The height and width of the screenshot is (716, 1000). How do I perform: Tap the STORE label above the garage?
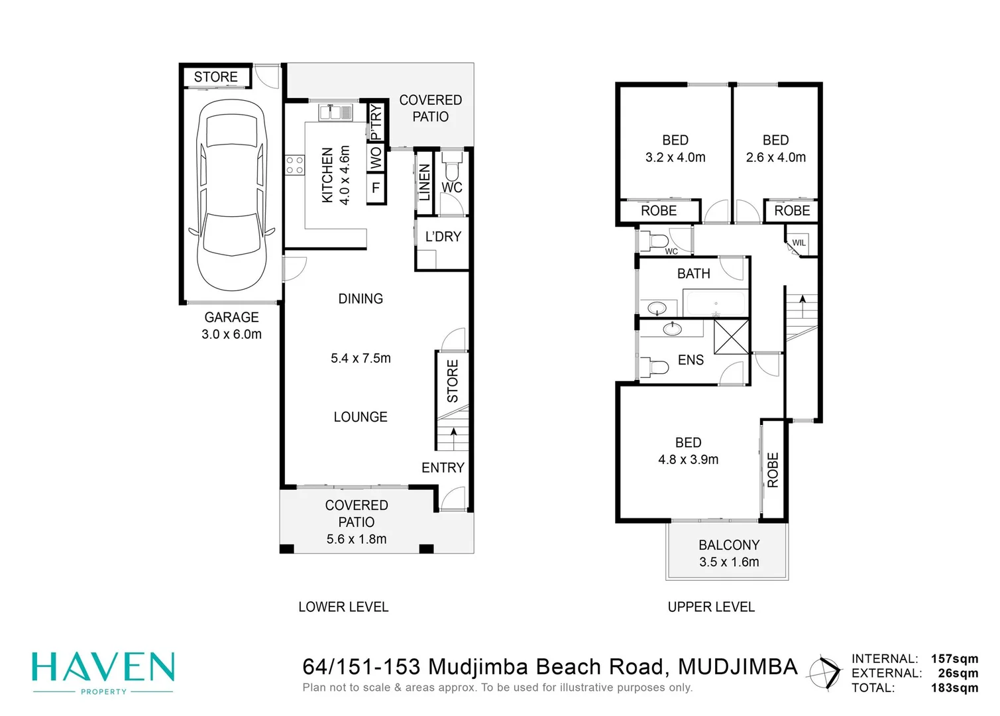[x=215, y=77]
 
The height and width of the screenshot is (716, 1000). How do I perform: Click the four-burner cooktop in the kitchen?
[x=295, y=166]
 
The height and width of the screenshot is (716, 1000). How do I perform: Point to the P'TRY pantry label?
[x=376, y=121]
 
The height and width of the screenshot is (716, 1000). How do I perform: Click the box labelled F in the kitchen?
[x=376, y=188]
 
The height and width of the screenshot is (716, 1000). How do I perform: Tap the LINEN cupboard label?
[x=424, y=182]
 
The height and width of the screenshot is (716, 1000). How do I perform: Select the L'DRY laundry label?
[x=443, y=237]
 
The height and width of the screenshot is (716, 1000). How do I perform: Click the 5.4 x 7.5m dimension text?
[x=361, y=358]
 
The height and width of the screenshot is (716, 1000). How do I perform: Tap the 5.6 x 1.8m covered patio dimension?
[x=357, y=539]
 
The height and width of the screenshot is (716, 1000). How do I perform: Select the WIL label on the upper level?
[x=799, y=243]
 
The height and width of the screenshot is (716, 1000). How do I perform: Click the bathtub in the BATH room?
[x=715, y=304]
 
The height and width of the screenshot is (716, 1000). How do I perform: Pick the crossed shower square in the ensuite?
[x=731, y=336]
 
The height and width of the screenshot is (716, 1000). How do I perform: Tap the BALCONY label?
[x=729, y=545]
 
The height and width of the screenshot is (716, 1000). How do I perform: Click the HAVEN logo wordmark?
[x=103, y=668]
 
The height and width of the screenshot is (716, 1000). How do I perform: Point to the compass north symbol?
[x=824, y=673]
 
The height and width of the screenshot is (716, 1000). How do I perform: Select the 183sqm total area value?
[x=954, y=687]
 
